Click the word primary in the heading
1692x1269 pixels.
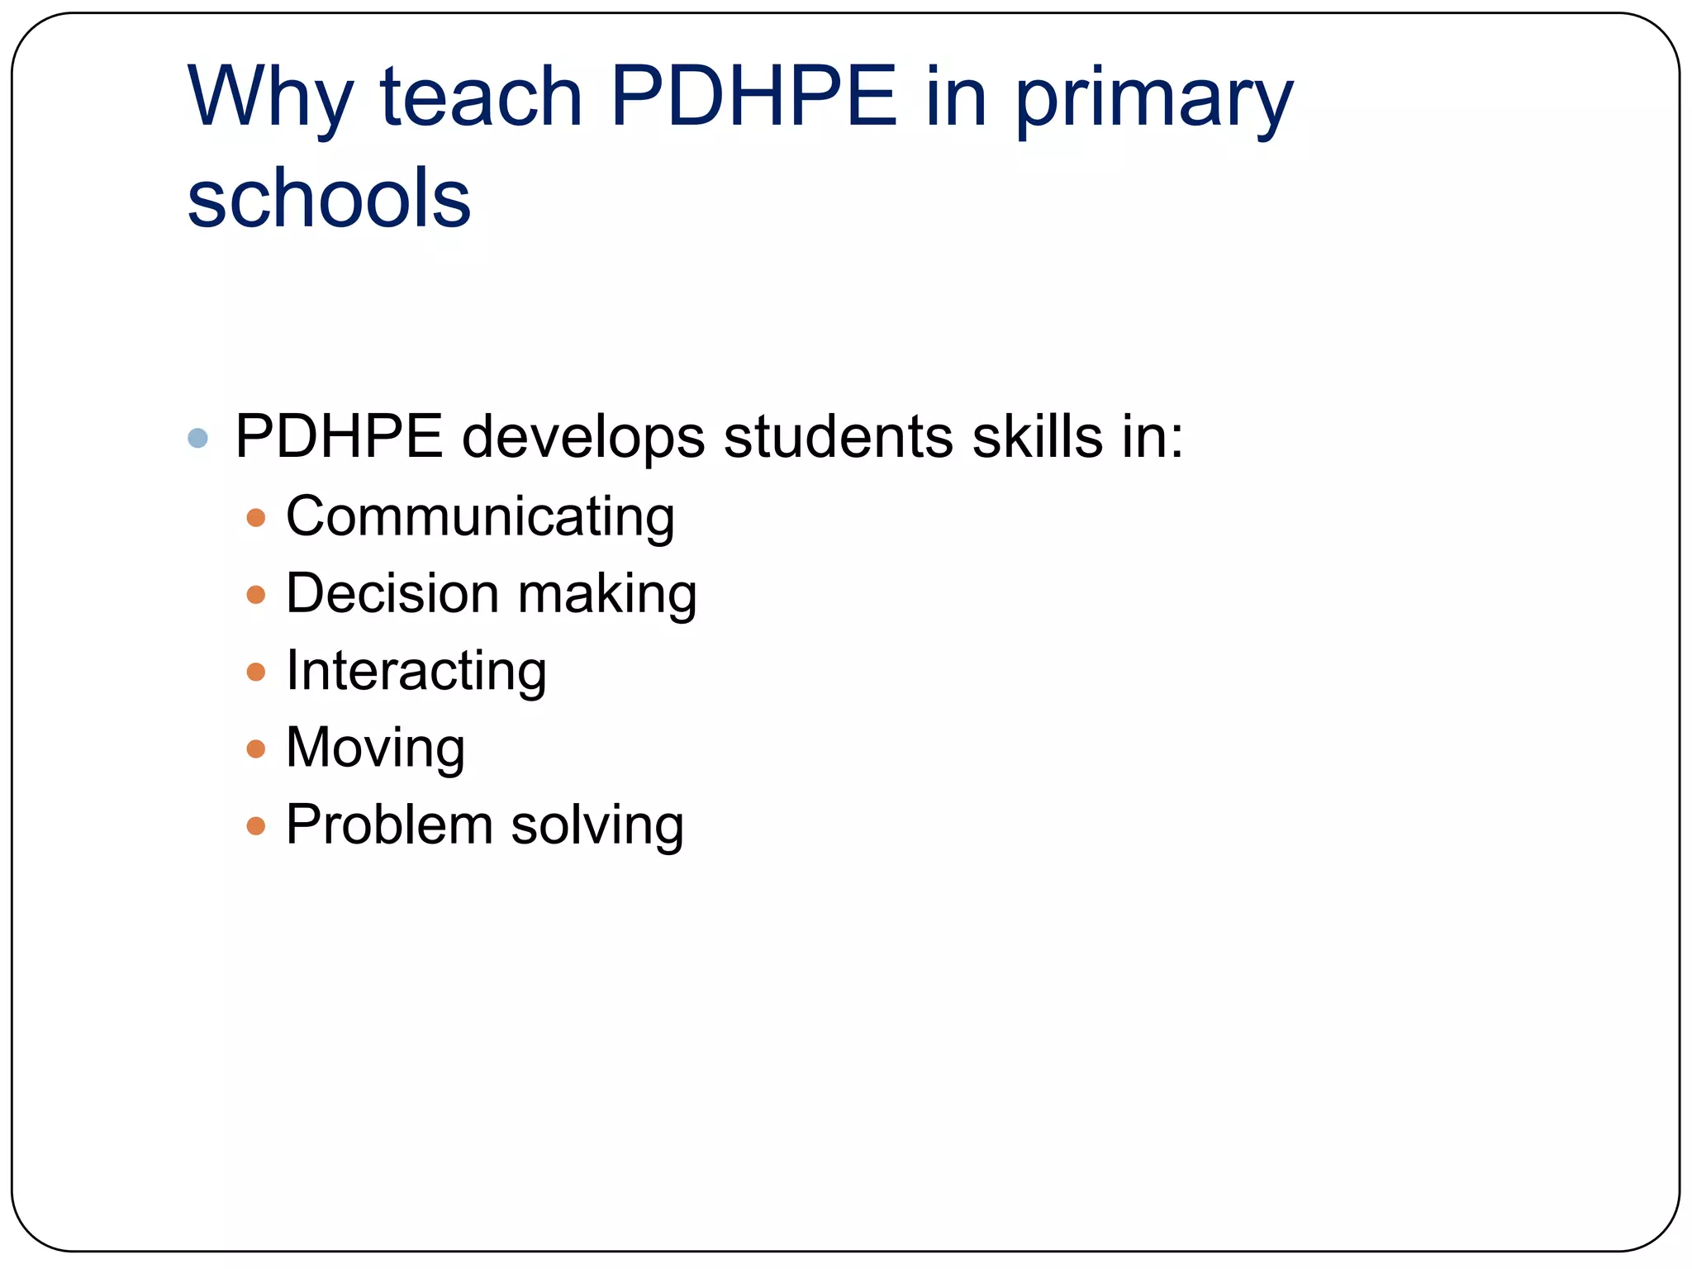coord(1153,101)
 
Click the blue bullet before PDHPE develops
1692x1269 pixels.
coord(197,437)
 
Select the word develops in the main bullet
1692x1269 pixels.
coord(583,437)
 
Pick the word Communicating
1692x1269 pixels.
coord(480,517)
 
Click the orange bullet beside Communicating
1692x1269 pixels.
coord(256,518)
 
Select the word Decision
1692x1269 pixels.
coord(392,593)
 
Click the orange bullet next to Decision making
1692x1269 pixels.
coord(256,595)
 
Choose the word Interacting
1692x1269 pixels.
coord(416,671)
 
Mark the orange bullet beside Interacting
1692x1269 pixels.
coord(256,672)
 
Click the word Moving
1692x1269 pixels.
coord(375,749)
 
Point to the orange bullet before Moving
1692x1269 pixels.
coord(256,749)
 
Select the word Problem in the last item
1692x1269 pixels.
coord(389,825)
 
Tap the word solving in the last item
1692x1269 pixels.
coord(597,825)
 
